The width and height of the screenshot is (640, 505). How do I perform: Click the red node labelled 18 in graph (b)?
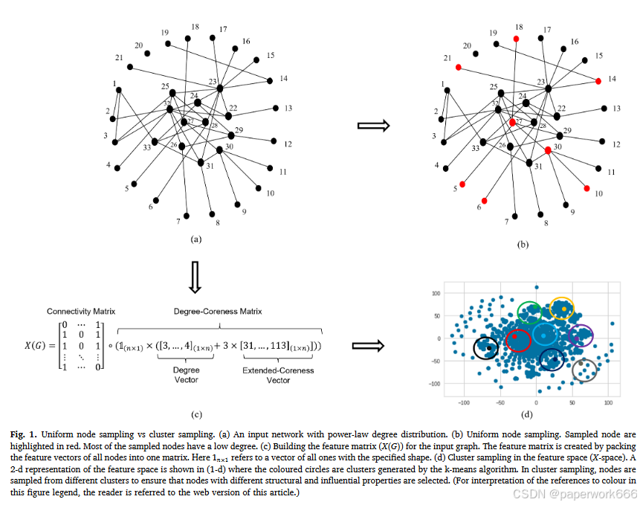[x=516, y=38]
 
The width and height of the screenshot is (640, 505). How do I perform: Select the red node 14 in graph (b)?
[x=598, y=80]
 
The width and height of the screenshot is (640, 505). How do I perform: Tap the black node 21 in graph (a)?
[x=129, y=67]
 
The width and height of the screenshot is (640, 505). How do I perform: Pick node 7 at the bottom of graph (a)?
[x=186, y=216]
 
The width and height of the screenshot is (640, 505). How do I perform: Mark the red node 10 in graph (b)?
[x=587, y=188]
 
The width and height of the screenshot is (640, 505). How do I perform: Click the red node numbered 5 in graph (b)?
[x=462, y=184]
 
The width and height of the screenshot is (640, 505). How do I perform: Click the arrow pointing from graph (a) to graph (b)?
[x=373, y=126]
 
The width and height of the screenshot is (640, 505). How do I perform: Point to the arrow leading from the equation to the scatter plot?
[x=367, y=345]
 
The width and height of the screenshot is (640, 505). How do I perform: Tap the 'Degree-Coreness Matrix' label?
[x=210, y=310]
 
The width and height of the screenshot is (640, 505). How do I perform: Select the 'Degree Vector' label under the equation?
[x=187, y=375]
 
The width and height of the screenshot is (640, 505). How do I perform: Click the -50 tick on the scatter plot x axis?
[x=500, y=402]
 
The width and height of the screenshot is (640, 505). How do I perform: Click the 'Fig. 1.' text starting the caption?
[x=23, y=434]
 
